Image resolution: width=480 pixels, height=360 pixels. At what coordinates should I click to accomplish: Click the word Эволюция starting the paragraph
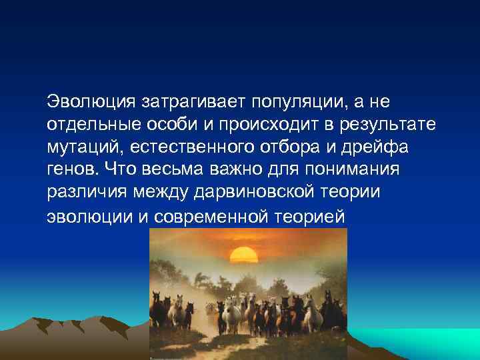(x=91, y=103)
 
